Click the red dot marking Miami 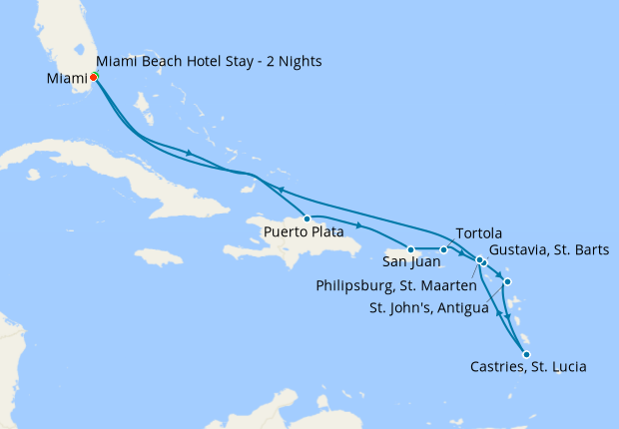[93, 77]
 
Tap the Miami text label [65, 78]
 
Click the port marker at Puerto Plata [307, 218]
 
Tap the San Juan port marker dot [410, 249]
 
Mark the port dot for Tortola [443, 249]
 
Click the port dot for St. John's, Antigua [508, 282]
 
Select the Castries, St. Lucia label [527, 367]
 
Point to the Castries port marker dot [526, 353]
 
